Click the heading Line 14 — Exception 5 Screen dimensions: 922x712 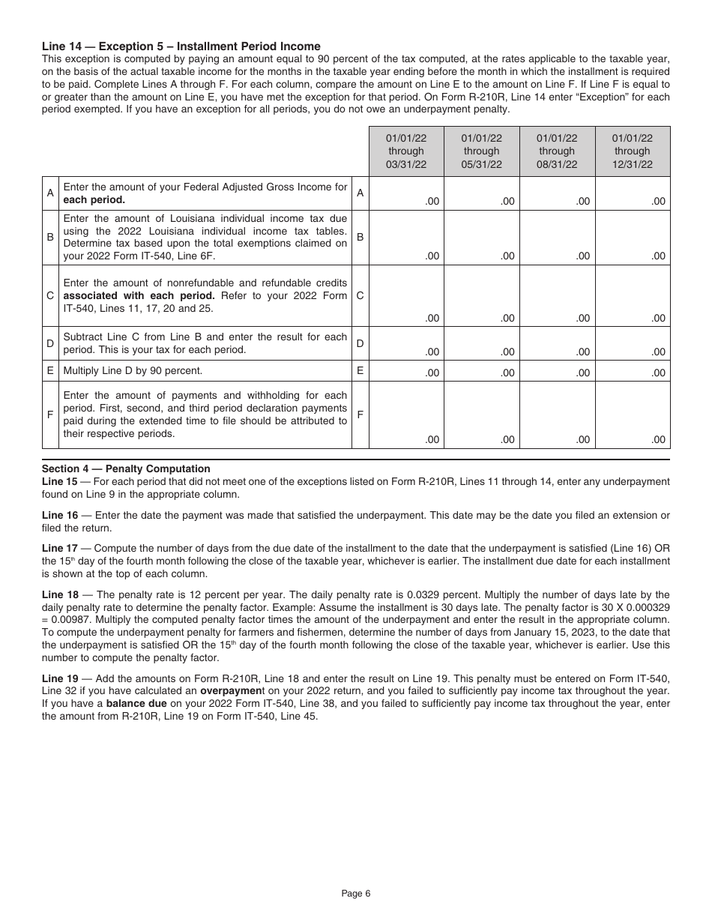pyautogui.click(x=181, y=46)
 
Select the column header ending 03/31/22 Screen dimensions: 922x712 pyautogui.click(x=406, y=151)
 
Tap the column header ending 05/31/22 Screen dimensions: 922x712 pyautogui.click(x=481, y=151)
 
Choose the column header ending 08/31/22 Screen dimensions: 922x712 pyautogui.click(x=557, y=151)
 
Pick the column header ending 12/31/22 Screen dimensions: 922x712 pyautogui.click(x=633, y=151)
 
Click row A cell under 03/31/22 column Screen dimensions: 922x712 pyautogui.click(x=406, y=193)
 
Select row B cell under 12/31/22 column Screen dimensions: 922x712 pyautogui.click(x=633, y=237)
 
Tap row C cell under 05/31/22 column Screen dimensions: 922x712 pyautogui.click(x=481, y=295)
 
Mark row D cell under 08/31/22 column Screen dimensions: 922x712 pyautogui.click(x=557, y=343)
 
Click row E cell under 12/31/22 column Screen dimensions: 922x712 pyautogui.click(x=633, y=371)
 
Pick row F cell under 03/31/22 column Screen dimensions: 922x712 pyautogui.click(x=406, y=415)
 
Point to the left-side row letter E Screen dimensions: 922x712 pyautogui.click(x=50, y=371)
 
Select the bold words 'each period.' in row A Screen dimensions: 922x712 pyautogui.click(x=94, y=200)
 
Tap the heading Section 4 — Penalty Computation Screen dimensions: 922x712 pyautogui.click(x=126, y=468)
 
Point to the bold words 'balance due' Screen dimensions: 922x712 pyautogui.click(x=132, y=704)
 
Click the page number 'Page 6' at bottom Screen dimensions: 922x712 pyautogui.click(x=356, y=893)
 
